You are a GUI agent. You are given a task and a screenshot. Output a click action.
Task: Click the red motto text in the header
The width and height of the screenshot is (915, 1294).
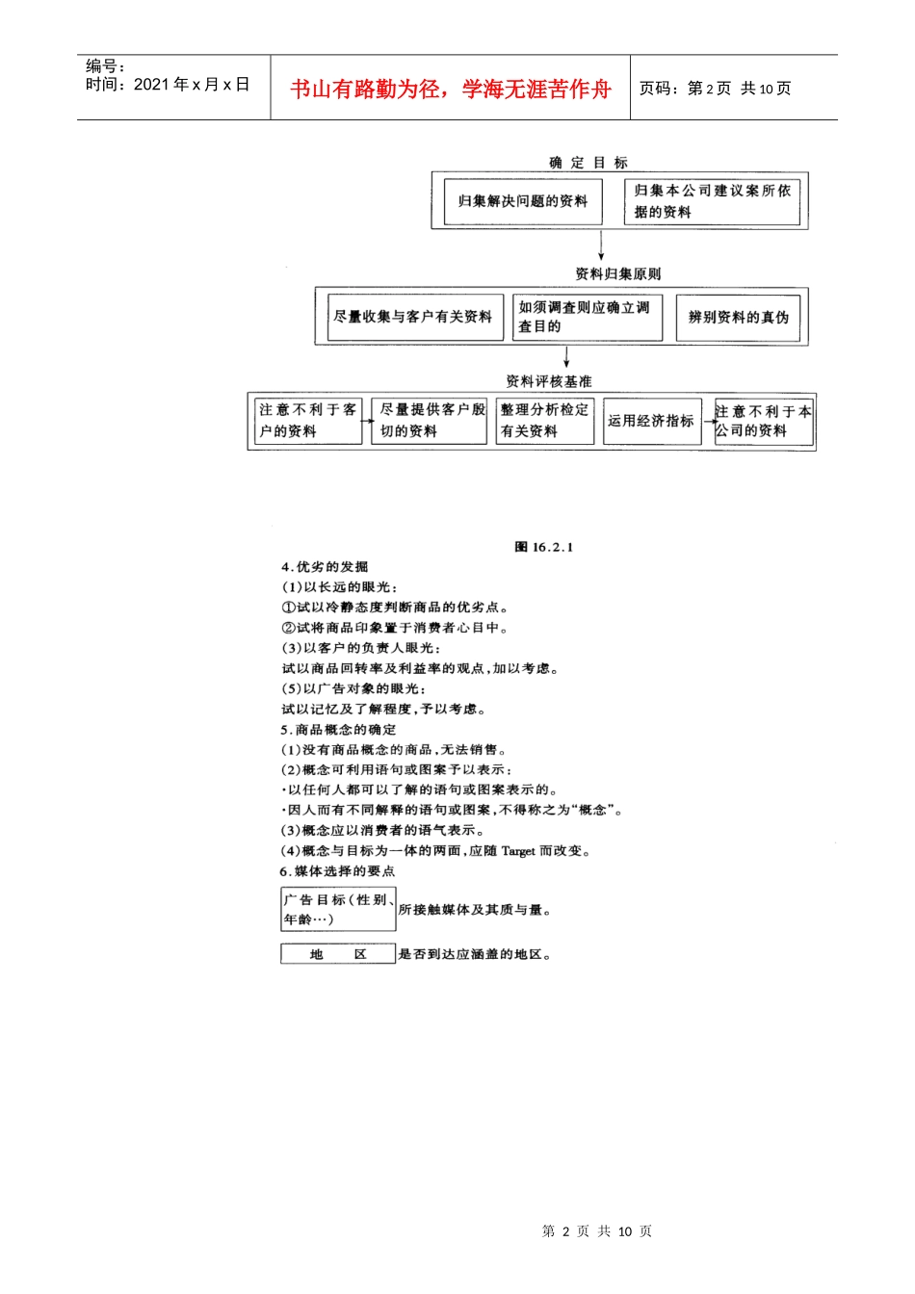point(451,90)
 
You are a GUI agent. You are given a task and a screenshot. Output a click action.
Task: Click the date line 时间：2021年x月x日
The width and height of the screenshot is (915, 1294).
point(168,85)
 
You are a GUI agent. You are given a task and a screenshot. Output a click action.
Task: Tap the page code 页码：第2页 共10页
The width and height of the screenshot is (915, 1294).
point(715,89)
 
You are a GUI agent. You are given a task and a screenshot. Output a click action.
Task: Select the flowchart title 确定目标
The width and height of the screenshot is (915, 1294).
point(588,163)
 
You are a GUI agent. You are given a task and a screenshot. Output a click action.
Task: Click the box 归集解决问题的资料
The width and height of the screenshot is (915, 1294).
point(522,201)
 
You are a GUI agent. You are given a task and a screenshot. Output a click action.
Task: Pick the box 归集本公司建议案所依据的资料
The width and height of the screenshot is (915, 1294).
point(712,201)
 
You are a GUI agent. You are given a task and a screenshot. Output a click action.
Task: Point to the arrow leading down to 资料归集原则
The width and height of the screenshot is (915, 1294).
point(601,246)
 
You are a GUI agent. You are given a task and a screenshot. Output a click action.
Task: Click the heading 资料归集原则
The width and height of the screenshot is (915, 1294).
point(617,274)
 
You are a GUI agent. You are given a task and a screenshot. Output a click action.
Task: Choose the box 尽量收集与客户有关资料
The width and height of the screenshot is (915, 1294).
point(414,317)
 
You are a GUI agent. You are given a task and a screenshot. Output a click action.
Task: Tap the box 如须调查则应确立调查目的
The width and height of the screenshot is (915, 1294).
point(587,317)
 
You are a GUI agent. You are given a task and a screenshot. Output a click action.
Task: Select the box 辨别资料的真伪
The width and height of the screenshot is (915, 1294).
point(738,317)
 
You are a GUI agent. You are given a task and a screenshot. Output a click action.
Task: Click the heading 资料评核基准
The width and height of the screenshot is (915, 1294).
point(549,381)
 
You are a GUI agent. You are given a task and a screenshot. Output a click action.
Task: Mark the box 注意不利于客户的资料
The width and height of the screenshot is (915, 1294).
point(307,421)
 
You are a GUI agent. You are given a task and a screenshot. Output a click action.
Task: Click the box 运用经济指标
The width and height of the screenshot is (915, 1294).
point(651,421)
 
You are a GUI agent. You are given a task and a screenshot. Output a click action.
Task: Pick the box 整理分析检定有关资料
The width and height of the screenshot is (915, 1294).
point(544,421)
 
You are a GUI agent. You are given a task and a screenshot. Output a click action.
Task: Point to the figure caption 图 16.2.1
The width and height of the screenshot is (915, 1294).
point(543,547)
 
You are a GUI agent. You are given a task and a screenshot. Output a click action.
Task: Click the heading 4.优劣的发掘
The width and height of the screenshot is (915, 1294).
point(325,567)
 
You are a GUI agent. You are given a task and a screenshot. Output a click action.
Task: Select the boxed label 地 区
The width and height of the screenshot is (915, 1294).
point(338,954)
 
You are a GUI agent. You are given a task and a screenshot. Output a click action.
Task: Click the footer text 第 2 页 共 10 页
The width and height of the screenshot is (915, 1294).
point(596,1230)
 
